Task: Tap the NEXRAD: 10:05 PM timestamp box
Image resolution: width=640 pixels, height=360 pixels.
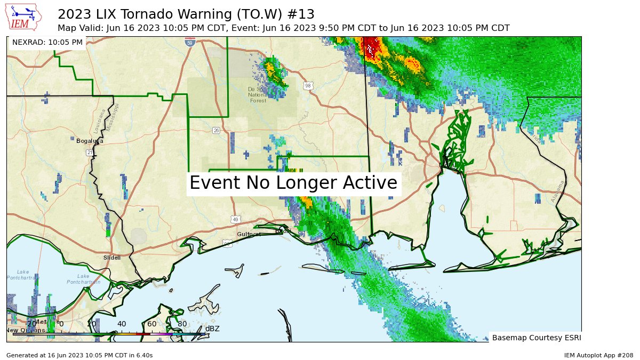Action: (x=47, y=42)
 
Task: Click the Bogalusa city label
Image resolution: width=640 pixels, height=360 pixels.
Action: (x=89, y=141)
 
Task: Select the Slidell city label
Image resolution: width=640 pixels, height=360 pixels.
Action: (x=111, y=258)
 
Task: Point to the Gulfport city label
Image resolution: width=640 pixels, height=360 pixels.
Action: (x=249, y=234)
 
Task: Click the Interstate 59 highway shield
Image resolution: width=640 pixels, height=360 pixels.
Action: (x=190, y=42)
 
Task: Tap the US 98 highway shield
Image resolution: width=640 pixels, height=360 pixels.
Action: (x=308, y=86)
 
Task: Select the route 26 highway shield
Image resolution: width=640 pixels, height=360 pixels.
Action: (x=216, y=130)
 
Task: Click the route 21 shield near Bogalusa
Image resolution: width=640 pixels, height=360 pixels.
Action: (x=90, y=153)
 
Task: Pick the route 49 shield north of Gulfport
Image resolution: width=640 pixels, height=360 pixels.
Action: (x=235, y=219)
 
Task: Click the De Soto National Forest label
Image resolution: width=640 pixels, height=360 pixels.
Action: (x=257, y=94)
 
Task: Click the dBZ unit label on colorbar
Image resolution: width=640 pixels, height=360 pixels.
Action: (x=212, y=329)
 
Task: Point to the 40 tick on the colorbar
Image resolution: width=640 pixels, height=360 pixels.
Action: (x=122, y=324)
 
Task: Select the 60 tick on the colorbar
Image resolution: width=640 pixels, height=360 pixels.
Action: (x=152, y=324)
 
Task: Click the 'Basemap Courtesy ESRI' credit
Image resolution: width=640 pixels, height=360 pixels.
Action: (x=535, y=338)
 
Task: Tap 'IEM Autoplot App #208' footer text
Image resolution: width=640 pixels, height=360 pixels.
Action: (x=598, y=355)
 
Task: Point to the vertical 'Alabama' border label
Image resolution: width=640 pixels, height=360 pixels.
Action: (x=557, y=191)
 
